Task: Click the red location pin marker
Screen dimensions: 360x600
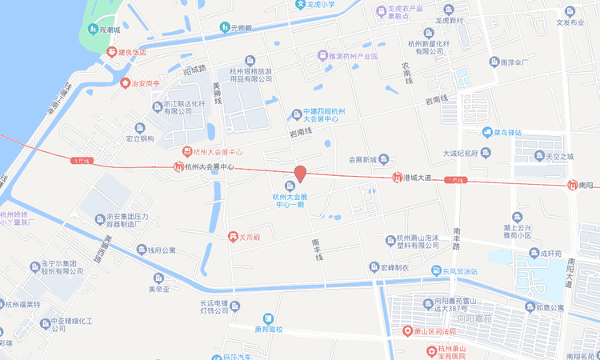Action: (x=300, y=173)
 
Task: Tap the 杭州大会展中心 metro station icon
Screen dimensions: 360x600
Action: (x=178, y=167)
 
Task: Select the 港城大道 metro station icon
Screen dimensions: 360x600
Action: (x=397, y=177)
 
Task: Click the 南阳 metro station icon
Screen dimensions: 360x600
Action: (x=572, y=186)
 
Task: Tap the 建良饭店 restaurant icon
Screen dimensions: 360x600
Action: (x=111, y=52)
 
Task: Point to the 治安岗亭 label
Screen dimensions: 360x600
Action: (x=146, y=82)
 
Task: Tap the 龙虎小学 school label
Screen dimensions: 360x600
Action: (x=320, y=4)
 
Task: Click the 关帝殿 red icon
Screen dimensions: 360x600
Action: (x=232, y=237)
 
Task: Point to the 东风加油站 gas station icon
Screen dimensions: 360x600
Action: (x=436, y=271)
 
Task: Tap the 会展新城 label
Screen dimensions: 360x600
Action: (x=368, y=159)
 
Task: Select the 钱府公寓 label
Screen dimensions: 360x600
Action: (x=162, y=250)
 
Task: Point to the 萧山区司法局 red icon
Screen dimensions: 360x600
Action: (x=408, y=331)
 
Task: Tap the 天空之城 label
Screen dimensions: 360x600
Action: (x=559, y=157)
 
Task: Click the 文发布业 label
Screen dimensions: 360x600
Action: (x=570, y=22)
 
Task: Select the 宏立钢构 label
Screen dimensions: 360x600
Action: (x=139, y=138)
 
